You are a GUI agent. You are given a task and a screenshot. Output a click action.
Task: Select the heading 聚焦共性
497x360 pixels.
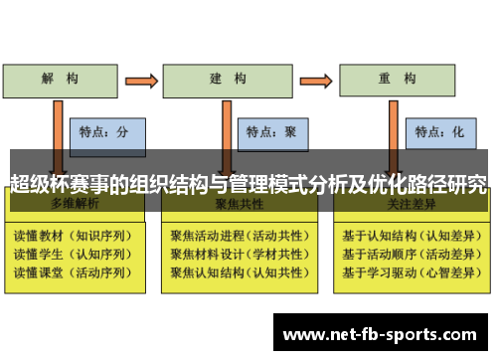239,204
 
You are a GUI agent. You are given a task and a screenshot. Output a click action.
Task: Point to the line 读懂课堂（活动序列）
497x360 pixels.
72,271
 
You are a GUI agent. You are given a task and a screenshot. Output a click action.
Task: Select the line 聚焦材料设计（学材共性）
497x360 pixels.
240,255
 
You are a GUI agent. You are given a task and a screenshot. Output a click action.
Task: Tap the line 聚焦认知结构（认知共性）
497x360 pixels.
240,271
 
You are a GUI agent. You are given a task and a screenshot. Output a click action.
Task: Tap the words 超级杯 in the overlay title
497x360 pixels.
36,183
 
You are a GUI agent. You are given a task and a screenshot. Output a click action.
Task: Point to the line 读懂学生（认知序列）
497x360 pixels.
72,255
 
